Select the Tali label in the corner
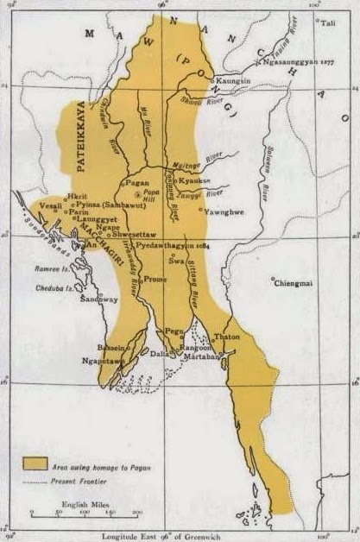point(327,23)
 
